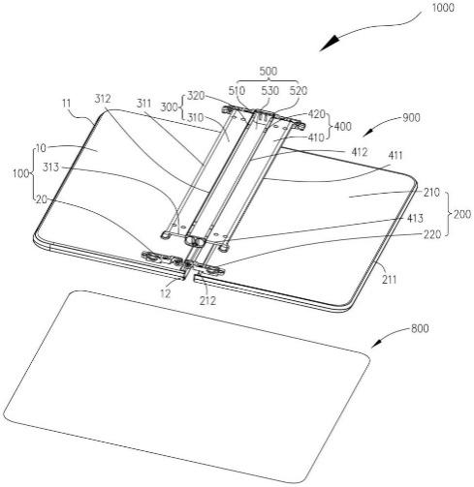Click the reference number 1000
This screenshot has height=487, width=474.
tap(443, 8)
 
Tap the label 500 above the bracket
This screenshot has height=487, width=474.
tap(268, 71)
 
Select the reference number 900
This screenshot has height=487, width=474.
tap(411, 118)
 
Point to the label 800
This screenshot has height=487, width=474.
tap(420, 328)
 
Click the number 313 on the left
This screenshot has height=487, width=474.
tap(51, 167)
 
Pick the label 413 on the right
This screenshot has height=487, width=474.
tap(415, 219)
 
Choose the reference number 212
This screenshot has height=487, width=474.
tap(207, 301)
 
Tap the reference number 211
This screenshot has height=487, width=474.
tap(389, 280)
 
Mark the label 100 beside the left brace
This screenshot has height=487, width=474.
tap(20, 173)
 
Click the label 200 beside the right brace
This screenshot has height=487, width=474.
tap(462, 214)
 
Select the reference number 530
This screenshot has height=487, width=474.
tap(269, 91)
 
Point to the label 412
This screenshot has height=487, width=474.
tap(359, 152)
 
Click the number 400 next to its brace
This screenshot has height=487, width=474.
tap(342, 126)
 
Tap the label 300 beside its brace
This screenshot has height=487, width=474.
tap(169, 107)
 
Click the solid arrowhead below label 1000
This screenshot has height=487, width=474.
tap(330, 44)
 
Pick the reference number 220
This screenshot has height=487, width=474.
tap(432, 234)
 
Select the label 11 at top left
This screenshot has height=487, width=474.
tap(66, 104)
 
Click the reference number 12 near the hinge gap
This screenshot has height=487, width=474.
tap(165, 293)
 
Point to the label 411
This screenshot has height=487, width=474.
tap(395, 156)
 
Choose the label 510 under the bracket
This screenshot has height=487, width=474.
tap(237, 91)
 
